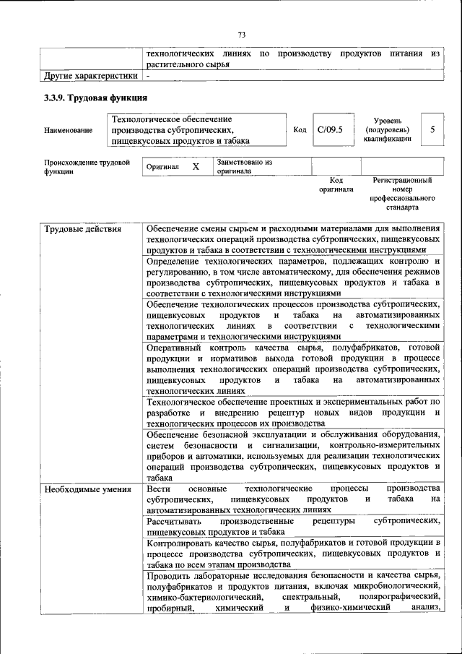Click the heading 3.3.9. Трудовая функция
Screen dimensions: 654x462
[96, 98]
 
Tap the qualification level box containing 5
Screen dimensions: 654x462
[432, 130]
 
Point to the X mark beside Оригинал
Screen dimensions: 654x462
[195, 167]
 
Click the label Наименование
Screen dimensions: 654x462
[68, 131]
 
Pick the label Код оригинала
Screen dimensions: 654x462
[336, 185]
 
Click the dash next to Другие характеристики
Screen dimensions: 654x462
[148, 75]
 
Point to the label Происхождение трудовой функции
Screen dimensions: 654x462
[87, 168]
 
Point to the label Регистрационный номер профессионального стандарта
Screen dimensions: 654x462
[402, 193]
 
